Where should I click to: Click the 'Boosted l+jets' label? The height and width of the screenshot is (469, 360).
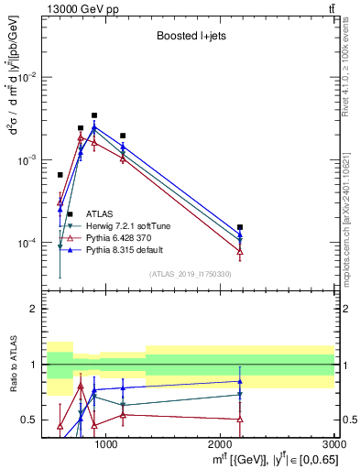[190, 38]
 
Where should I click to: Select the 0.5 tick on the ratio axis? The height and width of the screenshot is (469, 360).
[33, 420]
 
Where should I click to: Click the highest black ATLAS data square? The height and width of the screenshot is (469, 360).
[94, 115]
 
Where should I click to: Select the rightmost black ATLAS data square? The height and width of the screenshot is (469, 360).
[240, 227]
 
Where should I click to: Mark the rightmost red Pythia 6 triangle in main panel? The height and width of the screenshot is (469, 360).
[240, 251]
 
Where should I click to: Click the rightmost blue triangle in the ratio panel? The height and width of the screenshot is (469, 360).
[240, 381]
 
